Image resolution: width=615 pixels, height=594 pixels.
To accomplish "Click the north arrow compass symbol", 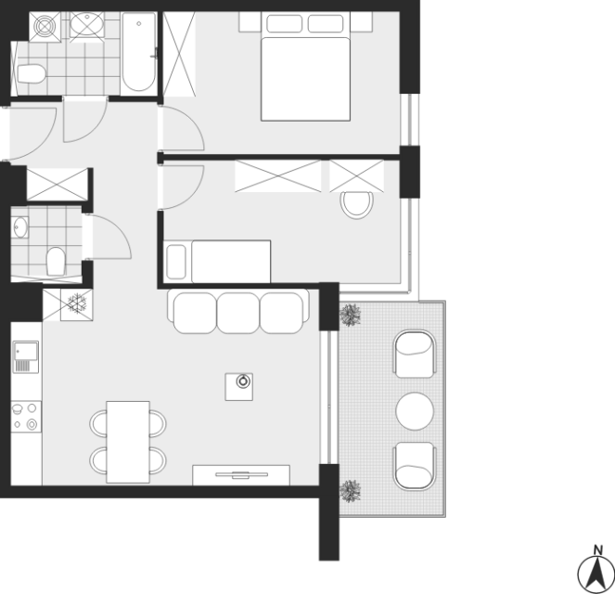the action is pos(596,573).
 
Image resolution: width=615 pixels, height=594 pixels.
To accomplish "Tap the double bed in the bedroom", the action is pos(305,67).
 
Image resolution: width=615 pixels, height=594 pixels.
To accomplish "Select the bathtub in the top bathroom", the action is pos(139,53).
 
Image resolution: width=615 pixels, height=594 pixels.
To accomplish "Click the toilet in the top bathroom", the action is pos(31,73).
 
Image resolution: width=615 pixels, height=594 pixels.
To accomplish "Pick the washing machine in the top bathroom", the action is pos(45,26).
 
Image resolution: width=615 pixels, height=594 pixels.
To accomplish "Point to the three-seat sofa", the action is pos(238,312).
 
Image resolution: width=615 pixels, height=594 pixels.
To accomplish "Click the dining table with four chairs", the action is pos(128,442).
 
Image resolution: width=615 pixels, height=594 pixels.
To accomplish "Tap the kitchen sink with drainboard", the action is pos(26,357).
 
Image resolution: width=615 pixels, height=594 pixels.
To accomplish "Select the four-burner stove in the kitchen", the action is pos(26,417).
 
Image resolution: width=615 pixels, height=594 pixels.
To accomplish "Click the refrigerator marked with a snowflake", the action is pos(77,304).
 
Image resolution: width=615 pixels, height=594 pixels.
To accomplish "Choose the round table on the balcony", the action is pos(415,411).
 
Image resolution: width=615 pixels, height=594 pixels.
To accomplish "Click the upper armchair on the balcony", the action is pos(415,354).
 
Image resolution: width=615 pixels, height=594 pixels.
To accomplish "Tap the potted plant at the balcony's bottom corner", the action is pos(350,491).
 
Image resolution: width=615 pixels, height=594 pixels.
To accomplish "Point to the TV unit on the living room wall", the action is pos(241,475).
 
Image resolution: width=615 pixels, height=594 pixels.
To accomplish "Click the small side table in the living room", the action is pos(239,387).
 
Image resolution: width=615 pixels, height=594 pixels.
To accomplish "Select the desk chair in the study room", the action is pos(357,205).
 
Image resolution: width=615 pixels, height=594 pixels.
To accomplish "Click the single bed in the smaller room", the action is pos(218,262).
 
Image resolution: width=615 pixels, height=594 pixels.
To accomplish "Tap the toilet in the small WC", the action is pos(56,262).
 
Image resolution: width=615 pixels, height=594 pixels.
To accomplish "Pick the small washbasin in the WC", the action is pos(20,227).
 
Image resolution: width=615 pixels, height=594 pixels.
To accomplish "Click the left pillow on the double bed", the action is pos(285,23).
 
